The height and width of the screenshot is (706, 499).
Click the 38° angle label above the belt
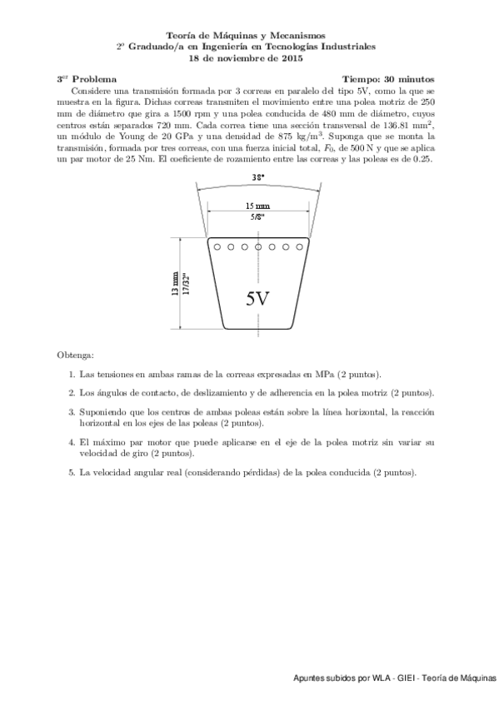[258, 176]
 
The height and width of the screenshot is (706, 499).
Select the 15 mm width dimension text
[257, 206]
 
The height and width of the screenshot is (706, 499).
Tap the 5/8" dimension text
[257, 216]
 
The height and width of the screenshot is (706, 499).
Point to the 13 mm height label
[175, 284]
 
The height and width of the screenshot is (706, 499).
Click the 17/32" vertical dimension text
[186, 284]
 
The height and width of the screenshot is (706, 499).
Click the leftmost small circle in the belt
[216, 247]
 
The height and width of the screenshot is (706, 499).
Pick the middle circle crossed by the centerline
[258, 247]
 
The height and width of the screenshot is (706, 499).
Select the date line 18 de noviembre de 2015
[247, 58]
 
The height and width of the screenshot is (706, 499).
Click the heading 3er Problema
[87, 78]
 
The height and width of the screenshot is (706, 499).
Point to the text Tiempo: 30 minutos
[389, 78]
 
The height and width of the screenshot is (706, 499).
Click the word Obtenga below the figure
[76, 355]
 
